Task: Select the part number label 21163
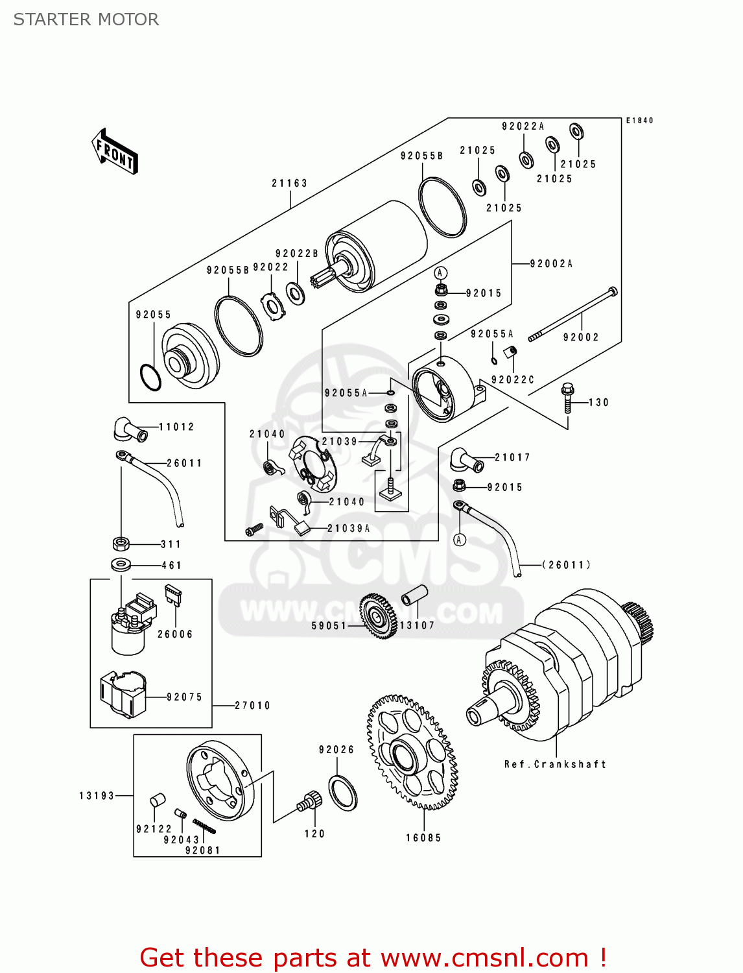coord(289,184)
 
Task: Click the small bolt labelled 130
coord(567,398)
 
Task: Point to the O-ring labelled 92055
coord(150,378)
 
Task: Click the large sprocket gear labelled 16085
coord(412,752)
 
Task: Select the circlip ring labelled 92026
coord(343,792)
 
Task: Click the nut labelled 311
coord(121,544)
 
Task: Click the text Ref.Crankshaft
coord(555,764)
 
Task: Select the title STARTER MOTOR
coord(86,19)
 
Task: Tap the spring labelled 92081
coord(204,826)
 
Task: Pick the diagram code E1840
coord(639,121)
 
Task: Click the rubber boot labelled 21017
coord(466,460)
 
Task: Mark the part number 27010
coord(252,705)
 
